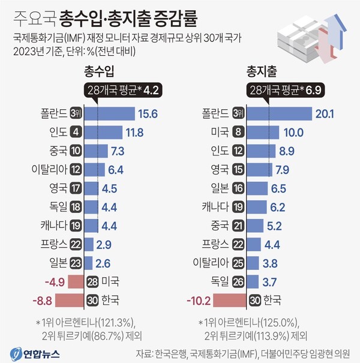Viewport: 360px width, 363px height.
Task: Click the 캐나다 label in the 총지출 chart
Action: [214, 207]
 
